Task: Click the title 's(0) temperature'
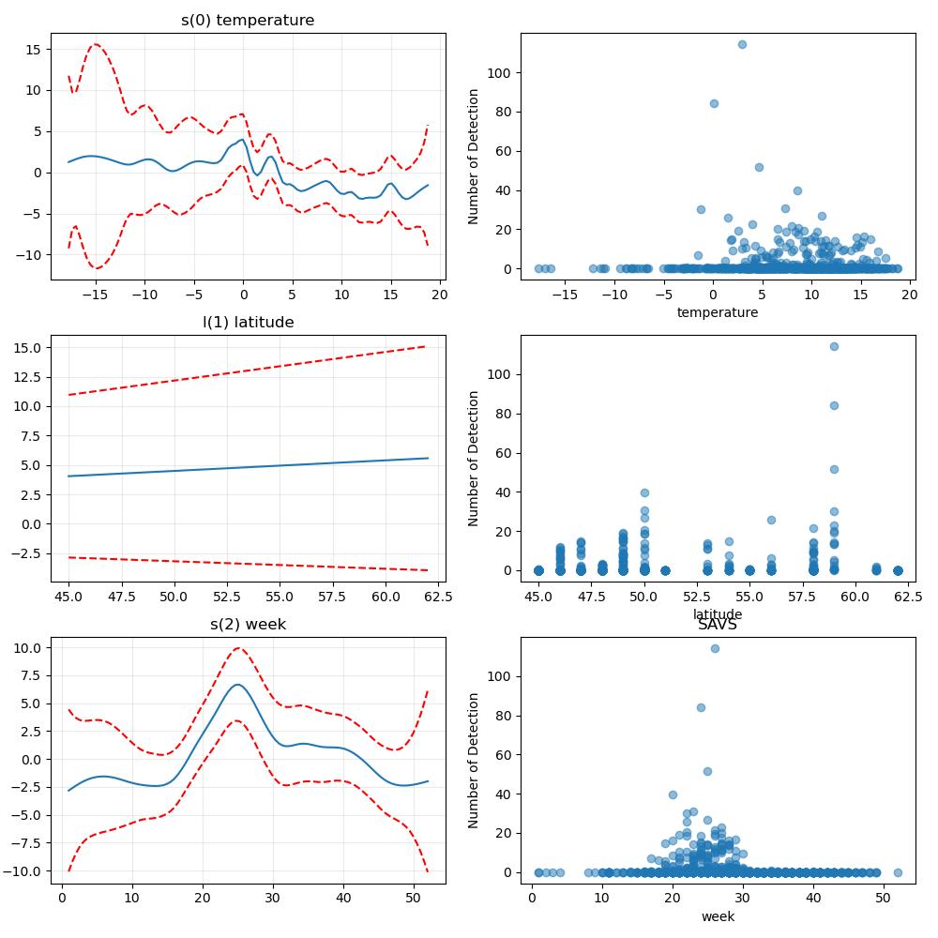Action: (x=248, y=20)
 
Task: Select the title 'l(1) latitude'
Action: (x=249, y=322)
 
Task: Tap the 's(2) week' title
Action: (x=248, y=624)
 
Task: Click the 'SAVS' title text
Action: (x=718, y=625)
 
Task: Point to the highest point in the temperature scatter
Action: (x=742, y=44)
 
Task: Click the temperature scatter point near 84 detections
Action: (x=714, y=103)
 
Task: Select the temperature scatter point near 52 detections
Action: (x=759, y=168)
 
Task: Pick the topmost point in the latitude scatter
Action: (x=835, y=346)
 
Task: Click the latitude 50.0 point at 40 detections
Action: (x=645, y=493)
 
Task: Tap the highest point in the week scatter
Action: (x=715, y=648)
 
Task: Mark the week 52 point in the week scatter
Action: (x=898, y=872)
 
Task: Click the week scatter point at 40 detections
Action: (x=673, y=795)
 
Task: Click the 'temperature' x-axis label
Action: (x=718, y=312)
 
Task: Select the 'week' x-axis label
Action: (x=718, y=916)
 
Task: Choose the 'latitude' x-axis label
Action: (x=718, y=613)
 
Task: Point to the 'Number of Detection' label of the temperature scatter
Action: (x=473, y=157)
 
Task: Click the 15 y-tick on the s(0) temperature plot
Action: (x=34, y=50)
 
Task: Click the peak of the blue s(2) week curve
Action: (x=237, y=685)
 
